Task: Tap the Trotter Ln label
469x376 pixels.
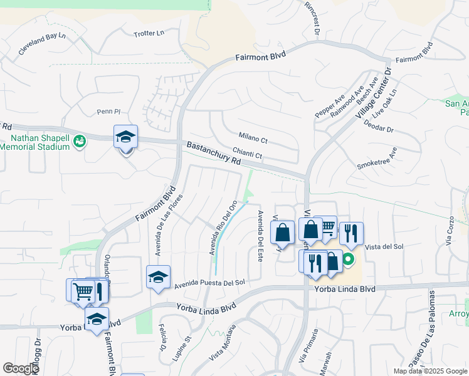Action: click(x=149, y=33)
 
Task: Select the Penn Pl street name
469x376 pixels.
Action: click(x=108, y=112)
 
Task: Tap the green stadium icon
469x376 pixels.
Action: click(x=80, y=142)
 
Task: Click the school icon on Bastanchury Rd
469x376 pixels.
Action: click(x=125, y=137)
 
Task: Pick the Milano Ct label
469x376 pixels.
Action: click(x=253, y=136)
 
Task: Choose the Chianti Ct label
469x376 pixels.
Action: click(x=246, y=152)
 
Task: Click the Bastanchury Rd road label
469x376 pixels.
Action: click(x=213, y=154)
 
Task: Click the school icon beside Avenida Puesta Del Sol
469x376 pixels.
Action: click(x=158, y=276)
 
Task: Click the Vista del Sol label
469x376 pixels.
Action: click(x=384, y=247)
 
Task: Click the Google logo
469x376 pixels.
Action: click(x=21, y=368)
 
